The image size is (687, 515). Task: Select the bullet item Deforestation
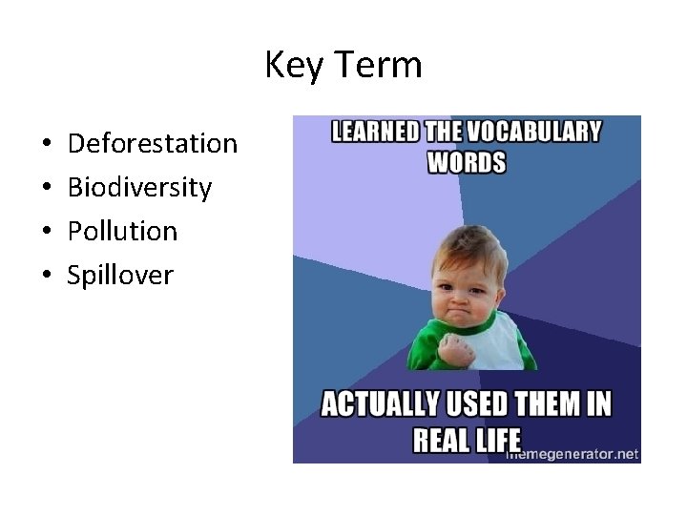153,144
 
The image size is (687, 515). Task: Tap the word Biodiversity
139,187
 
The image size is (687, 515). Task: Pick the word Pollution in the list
122,231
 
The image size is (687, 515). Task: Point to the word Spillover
120,276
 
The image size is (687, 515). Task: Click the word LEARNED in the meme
374,132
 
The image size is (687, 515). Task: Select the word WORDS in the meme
466,161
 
